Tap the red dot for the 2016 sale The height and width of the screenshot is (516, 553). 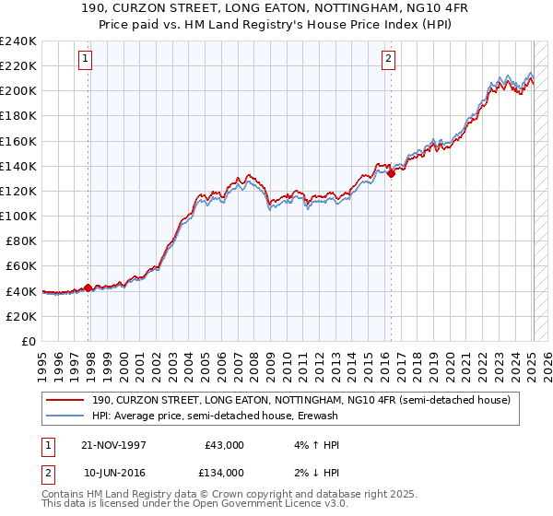[391, 172]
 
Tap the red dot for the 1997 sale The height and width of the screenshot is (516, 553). [88, 287]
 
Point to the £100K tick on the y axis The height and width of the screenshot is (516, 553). [18, 216]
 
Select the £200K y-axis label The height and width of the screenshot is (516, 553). [18, 90]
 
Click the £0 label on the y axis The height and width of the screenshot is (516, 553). [28, 341]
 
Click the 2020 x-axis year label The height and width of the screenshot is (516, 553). [450, 360]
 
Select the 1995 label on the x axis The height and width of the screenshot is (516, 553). [42, 360]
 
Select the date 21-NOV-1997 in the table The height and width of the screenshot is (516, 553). [115, 445]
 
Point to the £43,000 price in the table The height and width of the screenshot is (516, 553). [224, 445]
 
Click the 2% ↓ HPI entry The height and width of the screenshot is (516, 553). [318, 473]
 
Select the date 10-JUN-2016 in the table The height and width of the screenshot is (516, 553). [115, 473]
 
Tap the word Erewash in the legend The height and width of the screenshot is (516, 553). [316, 416]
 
